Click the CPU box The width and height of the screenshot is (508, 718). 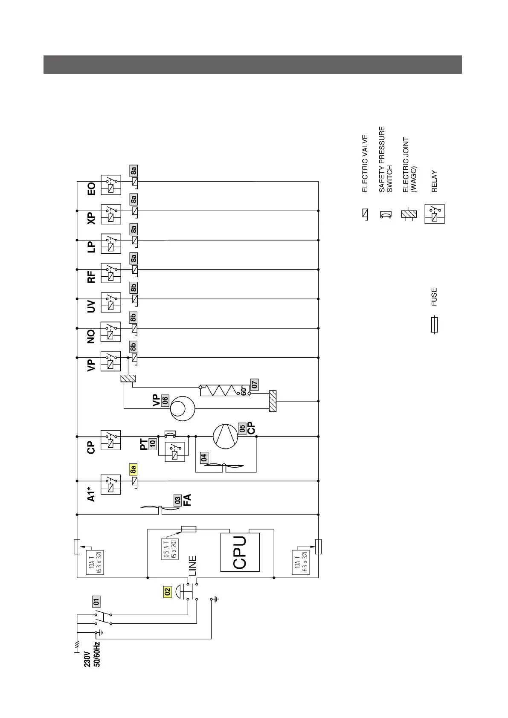[240, 552]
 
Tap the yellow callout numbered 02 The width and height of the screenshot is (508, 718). [167, 592]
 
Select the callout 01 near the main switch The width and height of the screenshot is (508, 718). [96, 602]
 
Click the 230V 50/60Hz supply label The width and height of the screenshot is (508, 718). [92, 654]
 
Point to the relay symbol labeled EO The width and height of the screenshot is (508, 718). [111, 185]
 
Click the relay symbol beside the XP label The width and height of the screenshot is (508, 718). [111, 214]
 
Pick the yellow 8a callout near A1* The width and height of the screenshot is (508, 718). [133, 469]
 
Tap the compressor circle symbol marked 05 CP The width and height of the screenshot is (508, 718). [226, 436]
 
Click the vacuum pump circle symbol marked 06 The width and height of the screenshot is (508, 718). [183, 409]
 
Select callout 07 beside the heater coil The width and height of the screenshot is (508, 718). [254, 384]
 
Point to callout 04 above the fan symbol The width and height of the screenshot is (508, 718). [204, 457]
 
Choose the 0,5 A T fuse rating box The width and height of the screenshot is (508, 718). [170, 549]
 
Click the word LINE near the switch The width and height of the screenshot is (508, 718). [192, 566]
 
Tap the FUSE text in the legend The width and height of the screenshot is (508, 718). [434, 297]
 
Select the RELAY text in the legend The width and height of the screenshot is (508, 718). [434, 181]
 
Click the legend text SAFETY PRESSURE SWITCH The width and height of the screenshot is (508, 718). [386, 159]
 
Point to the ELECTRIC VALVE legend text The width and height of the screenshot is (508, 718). [365, 164]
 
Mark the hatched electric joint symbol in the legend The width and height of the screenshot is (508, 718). [408, 214]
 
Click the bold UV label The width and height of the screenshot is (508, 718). [91, 307]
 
